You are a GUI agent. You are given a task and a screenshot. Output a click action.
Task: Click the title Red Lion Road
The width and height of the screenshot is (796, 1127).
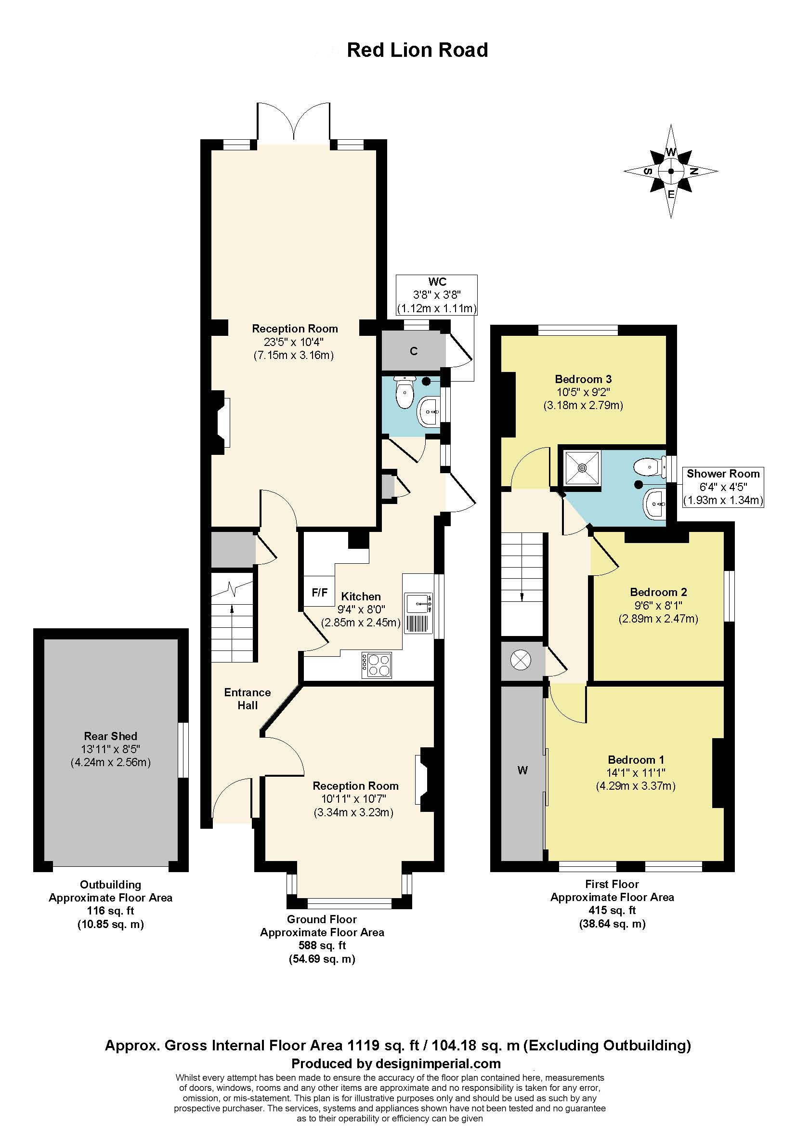(x=417, y=50)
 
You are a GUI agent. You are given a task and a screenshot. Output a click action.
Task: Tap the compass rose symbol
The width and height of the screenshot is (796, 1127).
(x=670, y=172)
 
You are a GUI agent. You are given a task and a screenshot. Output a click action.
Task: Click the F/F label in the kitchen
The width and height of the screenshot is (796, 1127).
(x=319, y=593)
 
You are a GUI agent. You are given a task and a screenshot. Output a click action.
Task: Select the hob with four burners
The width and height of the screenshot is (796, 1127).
(x=377, y=665)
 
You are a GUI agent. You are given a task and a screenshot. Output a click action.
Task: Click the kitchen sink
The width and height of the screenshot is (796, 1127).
(x=418, y=603)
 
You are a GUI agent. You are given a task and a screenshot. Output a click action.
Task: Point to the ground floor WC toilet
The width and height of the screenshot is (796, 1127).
(x=405, y=393)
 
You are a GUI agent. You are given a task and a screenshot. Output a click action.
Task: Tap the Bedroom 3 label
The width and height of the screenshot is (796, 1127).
(x=583, y=379)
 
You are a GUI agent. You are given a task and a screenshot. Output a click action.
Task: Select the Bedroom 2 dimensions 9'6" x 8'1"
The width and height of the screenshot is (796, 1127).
(x=658, y=605)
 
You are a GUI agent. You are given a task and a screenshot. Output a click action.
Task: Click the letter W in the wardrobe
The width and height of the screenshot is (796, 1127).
(x=522, y=770)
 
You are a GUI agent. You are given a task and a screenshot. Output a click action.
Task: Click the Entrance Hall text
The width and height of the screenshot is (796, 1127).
(x=247, y=699)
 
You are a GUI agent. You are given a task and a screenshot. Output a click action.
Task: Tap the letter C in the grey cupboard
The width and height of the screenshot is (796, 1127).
(x=414, y=351)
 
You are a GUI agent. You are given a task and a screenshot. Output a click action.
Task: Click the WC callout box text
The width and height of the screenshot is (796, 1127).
(x=436, y=295)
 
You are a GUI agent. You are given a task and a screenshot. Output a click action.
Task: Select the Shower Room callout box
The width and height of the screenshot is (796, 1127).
(x=723, y=487)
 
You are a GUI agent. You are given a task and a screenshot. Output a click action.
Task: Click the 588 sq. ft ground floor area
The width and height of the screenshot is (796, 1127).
(x=322, y=945)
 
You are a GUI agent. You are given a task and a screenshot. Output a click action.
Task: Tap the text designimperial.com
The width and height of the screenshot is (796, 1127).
(x=437, y=1064)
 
